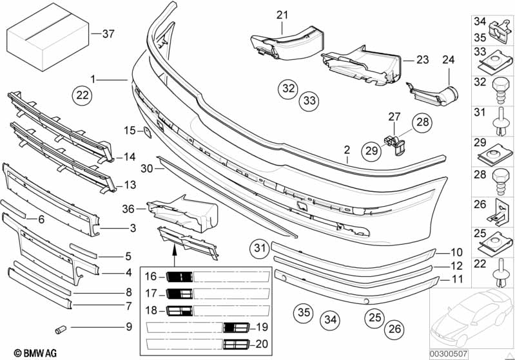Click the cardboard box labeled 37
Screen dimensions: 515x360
[x=48, y=37]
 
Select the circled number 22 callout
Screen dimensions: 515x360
[x=82, y=95]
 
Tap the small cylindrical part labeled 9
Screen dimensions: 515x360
[x=61, y=329]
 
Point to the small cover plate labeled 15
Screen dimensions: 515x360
[x=146, y=132]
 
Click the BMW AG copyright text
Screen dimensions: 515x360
[x=35, y=353]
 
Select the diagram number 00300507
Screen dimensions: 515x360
[x=449, y=354]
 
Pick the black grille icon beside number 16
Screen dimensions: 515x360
[x=179, y=277]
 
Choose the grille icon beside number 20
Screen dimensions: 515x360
[x=236, y=345]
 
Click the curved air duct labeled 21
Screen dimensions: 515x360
[x=286, y=43]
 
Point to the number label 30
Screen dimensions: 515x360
[x=147, y=168]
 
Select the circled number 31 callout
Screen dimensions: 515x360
[x=260, y=248]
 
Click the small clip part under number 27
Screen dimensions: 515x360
[x=395, y=145]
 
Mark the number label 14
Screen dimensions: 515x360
[x=130, y=156]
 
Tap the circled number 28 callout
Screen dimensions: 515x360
[x=423, y=122]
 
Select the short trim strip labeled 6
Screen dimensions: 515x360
[x=13, y=209]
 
